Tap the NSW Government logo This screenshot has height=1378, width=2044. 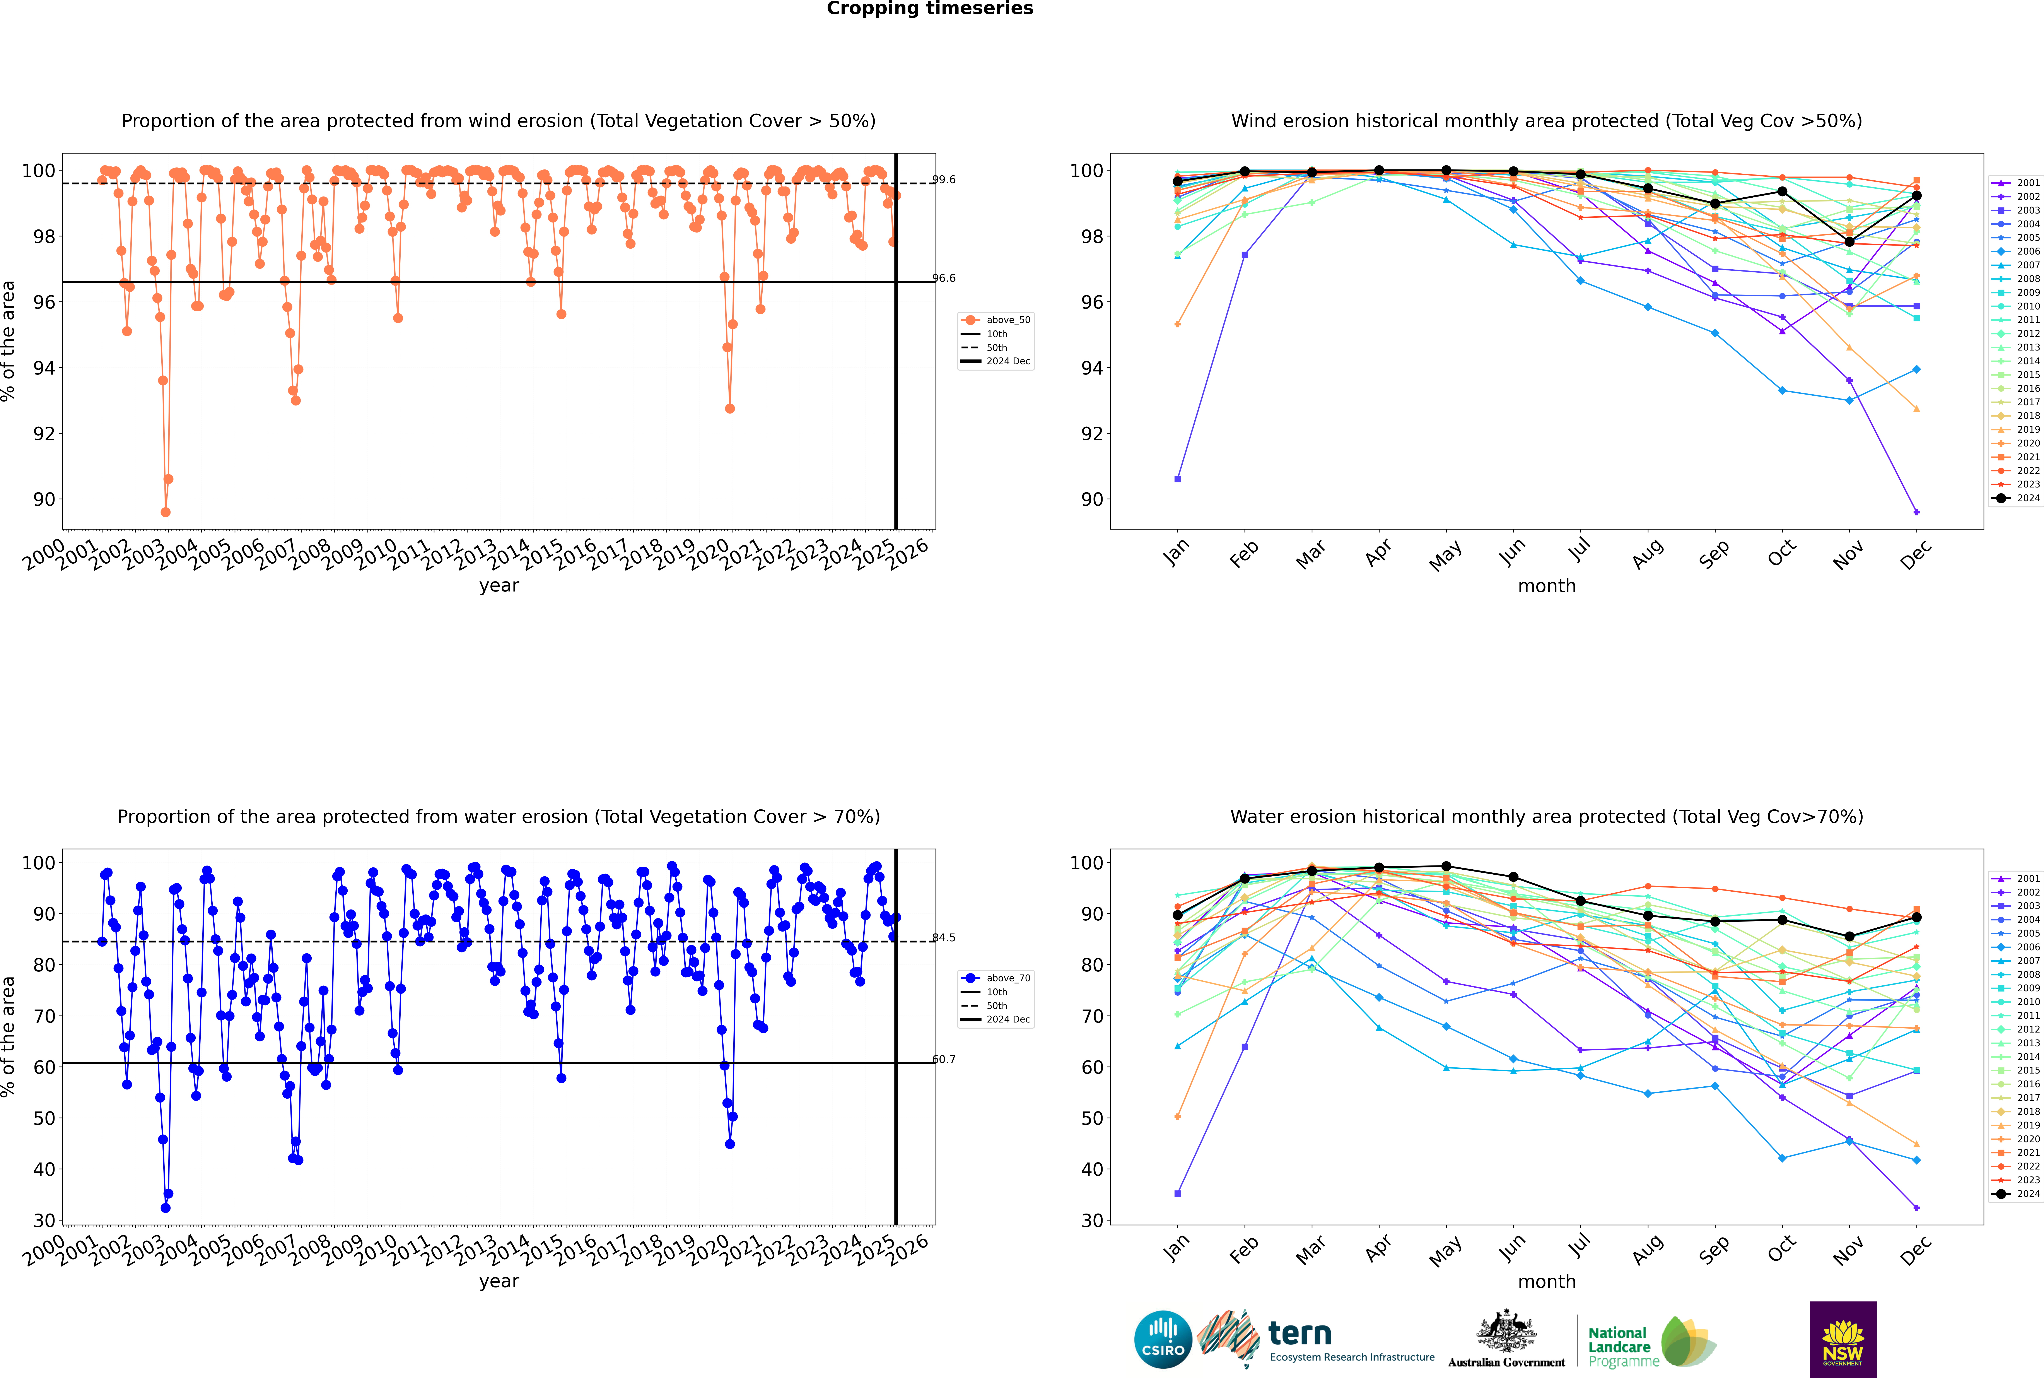[1843, 1339]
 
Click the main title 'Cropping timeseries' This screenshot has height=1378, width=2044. [930, 9]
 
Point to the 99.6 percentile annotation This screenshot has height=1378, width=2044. [944, 179]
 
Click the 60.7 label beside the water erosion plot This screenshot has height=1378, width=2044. [944, 1059]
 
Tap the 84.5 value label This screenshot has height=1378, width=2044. [944, 938]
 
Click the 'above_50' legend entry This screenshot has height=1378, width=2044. [996, 320]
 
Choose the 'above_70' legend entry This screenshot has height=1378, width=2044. [996, 978]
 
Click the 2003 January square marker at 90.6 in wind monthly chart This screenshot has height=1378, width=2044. [1178, 479]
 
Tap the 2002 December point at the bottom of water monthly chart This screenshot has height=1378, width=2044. [1917, 1207]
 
